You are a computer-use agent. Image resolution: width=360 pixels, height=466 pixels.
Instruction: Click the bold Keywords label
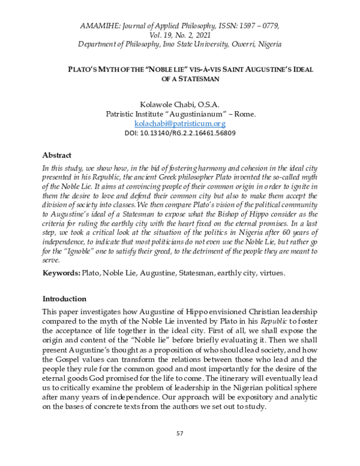62,272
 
